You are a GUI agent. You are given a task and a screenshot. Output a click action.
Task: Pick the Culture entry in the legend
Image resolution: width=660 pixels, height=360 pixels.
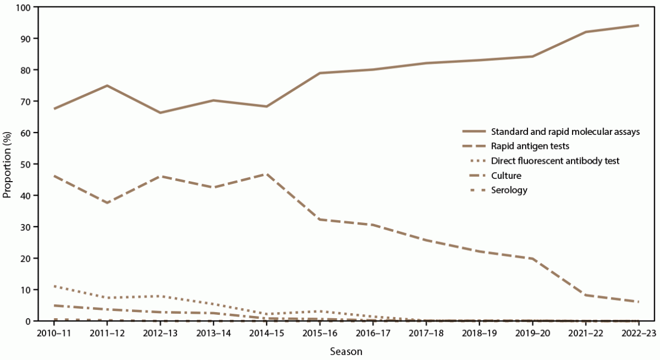tap(507, 175)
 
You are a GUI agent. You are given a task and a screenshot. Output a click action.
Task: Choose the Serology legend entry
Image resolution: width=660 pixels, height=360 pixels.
tap(509, 189)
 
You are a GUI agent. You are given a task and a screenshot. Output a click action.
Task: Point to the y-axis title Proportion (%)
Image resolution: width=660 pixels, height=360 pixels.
tap(7, 164)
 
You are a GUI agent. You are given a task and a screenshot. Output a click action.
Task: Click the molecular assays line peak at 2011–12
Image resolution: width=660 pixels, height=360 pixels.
tap(107, 85)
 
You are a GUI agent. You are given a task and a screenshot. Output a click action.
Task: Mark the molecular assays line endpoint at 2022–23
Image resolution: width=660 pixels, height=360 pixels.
tap(638, 25)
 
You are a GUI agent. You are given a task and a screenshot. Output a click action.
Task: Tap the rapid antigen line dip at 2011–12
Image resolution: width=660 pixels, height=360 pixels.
tap(107, 203)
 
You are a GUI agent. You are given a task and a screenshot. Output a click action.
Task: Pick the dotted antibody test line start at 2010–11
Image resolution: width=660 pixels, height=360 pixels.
tap(54, 286)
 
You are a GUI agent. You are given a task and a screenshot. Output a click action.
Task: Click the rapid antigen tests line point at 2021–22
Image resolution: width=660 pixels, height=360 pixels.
tap(585, 295)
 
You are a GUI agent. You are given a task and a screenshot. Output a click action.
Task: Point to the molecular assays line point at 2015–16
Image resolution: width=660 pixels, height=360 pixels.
tap(320, 73)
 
